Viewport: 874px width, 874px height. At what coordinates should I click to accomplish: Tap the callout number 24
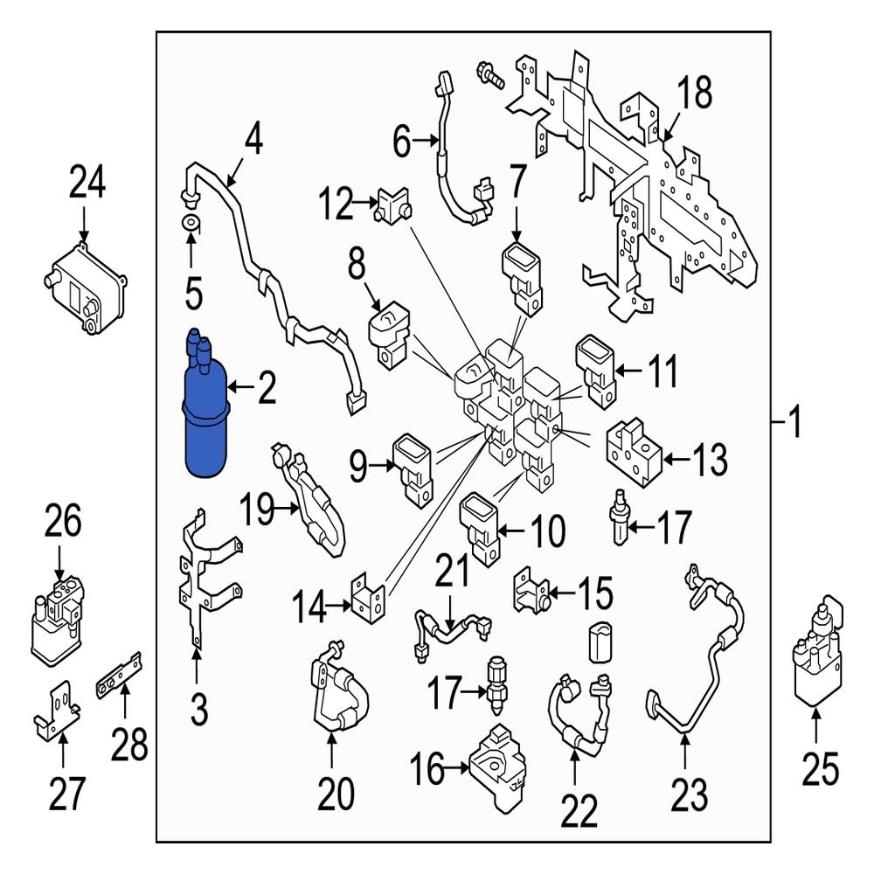coord(87,184)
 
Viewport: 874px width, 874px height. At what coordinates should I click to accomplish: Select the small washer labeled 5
coord(191,222)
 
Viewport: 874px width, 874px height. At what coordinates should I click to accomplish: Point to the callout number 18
coord(697,94)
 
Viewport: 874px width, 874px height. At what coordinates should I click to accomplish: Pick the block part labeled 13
coord(629,450)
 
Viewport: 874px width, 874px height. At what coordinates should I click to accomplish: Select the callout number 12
coord(335,206)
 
